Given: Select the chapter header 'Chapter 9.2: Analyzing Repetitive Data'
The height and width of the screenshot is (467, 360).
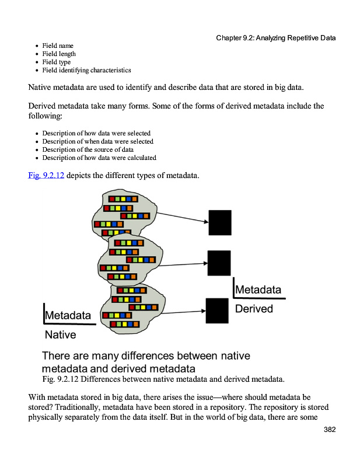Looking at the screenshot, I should point(275,38).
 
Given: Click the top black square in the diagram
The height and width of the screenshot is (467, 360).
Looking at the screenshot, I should point(220,222).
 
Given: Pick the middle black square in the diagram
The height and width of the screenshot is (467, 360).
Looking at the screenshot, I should point(219,263).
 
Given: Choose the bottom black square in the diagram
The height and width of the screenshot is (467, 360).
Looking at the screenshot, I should point(217,311).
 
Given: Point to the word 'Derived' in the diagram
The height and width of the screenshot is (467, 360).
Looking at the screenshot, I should point(254,309).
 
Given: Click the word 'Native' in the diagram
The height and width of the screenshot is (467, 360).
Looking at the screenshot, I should point(60,334).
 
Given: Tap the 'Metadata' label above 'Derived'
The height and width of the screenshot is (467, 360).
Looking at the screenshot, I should point(258,290).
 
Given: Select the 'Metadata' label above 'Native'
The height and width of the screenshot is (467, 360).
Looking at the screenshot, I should point(68,315).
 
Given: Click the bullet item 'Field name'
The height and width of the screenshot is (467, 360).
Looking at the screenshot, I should point(58,46).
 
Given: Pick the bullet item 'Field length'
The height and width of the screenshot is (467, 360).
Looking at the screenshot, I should point(59,54).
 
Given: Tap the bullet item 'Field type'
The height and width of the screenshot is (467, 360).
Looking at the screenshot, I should point(57,62).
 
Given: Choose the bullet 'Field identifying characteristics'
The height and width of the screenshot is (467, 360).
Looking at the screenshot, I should point(86,70).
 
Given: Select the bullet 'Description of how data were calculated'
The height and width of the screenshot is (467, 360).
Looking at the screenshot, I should point(99,158).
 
